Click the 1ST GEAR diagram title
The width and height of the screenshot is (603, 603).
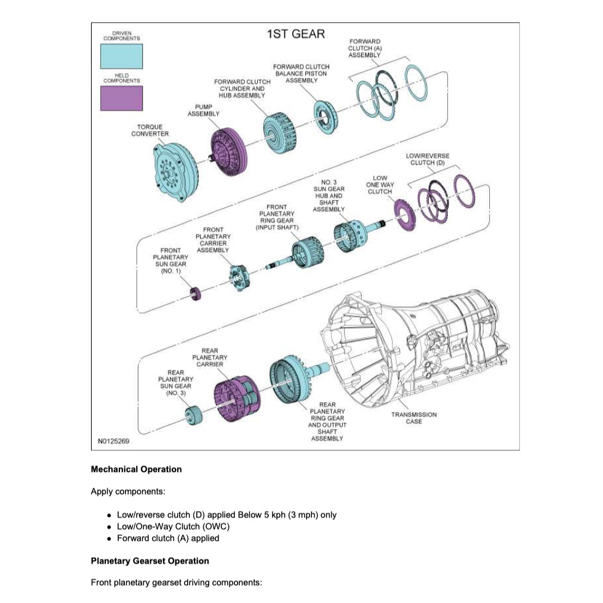pyautogui.click(x=295, y=34)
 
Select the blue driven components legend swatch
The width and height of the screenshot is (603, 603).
pyautogui.click(x=121, y=56)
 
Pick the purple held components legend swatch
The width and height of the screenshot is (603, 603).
pyautogui.click(x=121, y=98)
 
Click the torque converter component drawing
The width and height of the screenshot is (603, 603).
pyautogui.click(x=174, y=170)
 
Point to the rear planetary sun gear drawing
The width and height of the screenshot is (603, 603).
pyautogui.click(x=194, y=417)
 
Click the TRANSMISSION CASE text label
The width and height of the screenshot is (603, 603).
pyautogui.click(x=413, y=418)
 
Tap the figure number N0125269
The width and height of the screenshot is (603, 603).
pyautogui.click(x=113, y=441)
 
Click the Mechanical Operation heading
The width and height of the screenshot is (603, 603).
pyautogui.click(x=136, y=469)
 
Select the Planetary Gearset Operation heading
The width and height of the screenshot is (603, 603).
pyautogui.click(x=150, y=561)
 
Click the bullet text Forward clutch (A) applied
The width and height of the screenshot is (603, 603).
pyautogui.click(x=167, y=538)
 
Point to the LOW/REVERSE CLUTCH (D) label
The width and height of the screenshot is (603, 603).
pyautogui.click(x=428, y=159)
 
